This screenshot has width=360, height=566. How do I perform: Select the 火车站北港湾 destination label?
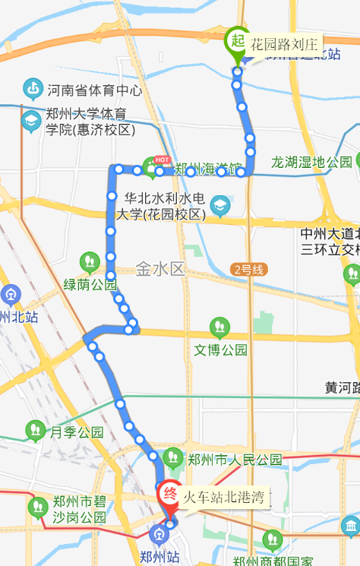click(223, 498)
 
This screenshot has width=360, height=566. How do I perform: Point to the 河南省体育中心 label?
click(94, 90)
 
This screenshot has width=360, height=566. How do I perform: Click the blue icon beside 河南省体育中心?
click(33, 90)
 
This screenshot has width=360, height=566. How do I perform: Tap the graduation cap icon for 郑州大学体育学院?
click(31, 122)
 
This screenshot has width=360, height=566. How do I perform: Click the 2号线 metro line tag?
click(248, 269)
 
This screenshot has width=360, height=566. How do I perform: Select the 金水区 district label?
click(160, 268)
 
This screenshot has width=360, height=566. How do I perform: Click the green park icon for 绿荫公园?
click(90, 263)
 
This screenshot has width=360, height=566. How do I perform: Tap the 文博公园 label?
click(221, 350)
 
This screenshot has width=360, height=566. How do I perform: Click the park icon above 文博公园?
click(219, 328)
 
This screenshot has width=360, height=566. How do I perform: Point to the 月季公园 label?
click(77, 432)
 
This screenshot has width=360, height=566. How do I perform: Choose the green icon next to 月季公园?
click(35, 432)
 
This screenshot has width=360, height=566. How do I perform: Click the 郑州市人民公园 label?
click(235, 460)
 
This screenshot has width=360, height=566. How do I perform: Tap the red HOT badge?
click(162, 160)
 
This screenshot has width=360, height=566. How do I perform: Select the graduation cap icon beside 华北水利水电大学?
click(220, 205)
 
